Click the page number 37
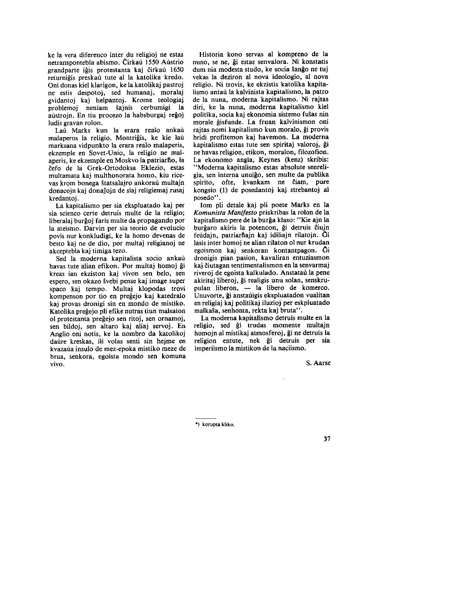click(327, 439)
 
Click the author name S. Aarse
click(318, 363)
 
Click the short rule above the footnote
click(206, 418)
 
